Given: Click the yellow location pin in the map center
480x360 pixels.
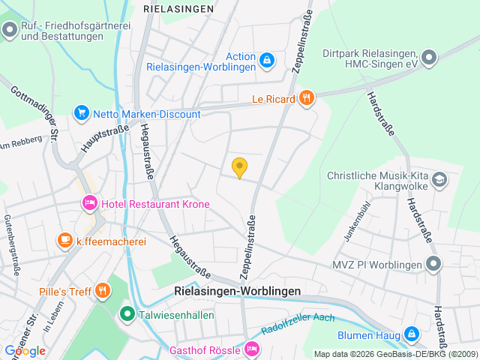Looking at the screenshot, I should [239, 168].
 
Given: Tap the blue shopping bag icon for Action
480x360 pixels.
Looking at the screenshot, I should [267, 58].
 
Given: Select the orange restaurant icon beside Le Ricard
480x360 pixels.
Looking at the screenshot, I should [305, 97].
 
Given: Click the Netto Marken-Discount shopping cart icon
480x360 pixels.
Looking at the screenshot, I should [81, 113].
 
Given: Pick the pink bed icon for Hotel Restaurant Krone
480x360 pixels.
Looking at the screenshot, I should [89, 203].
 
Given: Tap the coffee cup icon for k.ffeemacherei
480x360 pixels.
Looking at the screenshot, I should [65, 241].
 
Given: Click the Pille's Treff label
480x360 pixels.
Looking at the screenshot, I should [65, 292].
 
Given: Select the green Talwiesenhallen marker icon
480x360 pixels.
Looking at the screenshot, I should [127, 315].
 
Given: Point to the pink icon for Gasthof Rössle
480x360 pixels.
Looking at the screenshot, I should [253, 349].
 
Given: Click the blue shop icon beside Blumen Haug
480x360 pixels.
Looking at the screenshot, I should [411, 334].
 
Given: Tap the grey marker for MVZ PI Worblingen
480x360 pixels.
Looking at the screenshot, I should [433, 263].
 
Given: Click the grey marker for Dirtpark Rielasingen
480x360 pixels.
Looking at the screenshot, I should [429, 56].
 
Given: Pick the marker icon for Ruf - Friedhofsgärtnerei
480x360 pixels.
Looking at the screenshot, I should [10, 30].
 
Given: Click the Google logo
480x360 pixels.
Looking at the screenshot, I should [25, 350].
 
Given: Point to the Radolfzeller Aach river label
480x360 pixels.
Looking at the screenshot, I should [298, 324].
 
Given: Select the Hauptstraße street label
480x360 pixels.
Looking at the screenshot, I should [94, 139].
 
